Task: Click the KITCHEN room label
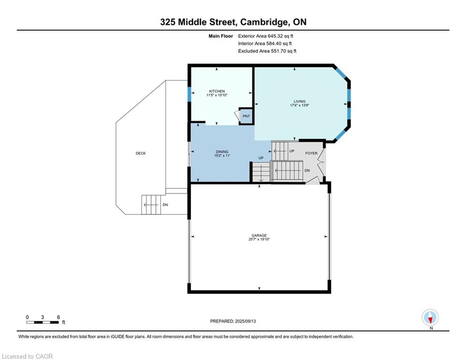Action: pos(217,91)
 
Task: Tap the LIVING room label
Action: pos(300,101)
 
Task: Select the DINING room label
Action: pos(222,151)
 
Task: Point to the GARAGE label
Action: pos(259,235)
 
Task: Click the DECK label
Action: pos(141,153)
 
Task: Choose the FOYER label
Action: pos(311,153)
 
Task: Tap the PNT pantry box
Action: pos(246,116)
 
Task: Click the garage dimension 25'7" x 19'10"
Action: pos(259,239)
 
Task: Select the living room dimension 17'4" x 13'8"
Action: pos(300,105)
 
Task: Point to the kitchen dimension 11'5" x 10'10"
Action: pos(217,95)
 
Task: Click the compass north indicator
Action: pos(430,317)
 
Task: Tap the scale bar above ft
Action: pos(42,322)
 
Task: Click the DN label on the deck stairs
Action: pos(165,205)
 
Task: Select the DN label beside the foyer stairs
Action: pos(307,171)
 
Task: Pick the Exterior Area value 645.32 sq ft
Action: pos(281,36)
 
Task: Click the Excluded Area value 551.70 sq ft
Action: pos(283,51)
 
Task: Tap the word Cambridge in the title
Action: pos(264,22)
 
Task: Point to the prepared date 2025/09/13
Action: pos(245,321)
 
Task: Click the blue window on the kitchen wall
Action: pos(189,94)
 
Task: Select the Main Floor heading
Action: pos(221,36)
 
